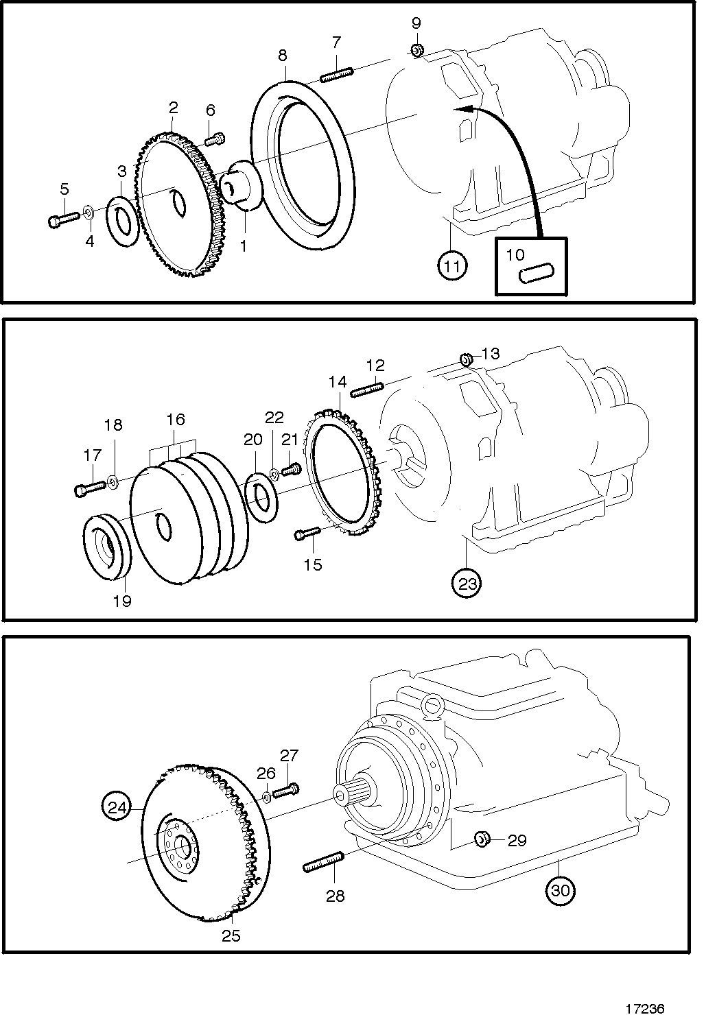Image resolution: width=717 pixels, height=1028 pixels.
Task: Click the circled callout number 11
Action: (452, 265)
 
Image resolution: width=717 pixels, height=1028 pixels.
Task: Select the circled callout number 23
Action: (467, 584)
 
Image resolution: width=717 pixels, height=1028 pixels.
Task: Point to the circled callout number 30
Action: (560, 891)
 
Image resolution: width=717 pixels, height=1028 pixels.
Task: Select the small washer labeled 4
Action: (89, 212)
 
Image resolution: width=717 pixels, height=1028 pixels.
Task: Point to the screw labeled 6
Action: (214, 139)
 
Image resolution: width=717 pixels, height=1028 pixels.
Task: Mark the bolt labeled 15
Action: (307, 532)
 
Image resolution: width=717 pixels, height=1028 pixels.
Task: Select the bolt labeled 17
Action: (89, 487)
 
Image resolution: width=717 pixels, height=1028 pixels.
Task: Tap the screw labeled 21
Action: (290, 470)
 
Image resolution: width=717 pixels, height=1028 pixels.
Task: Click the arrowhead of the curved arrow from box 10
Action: (461, 109)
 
